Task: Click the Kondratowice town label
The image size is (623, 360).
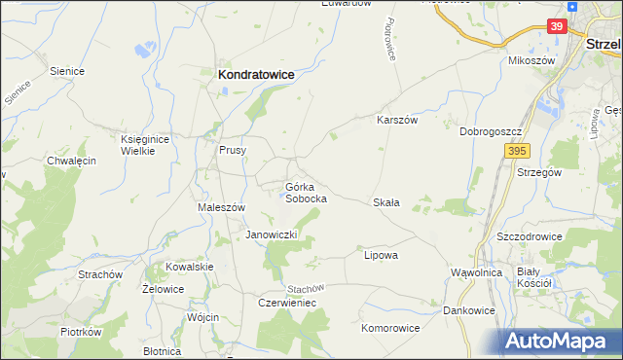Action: (256, 73)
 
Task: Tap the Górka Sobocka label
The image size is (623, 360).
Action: (305, 192)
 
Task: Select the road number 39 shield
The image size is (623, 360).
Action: (556, 27)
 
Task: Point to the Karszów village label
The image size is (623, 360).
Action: (397, 121)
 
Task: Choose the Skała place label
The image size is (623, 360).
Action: (386, 202)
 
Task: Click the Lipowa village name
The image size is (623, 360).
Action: (381, 255)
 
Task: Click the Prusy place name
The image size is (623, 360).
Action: (233, 151)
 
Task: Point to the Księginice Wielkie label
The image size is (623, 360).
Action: (145, 144)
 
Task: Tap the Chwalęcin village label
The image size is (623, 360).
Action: (71, 161)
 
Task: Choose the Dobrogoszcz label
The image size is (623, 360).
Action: (493, 130)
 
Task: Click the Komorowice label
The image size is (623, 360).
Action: (390, 328)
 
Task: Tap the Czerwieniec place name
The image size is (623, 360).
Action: (287, 303)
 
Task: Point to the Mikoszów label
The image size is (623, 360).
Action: (531, 60)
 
